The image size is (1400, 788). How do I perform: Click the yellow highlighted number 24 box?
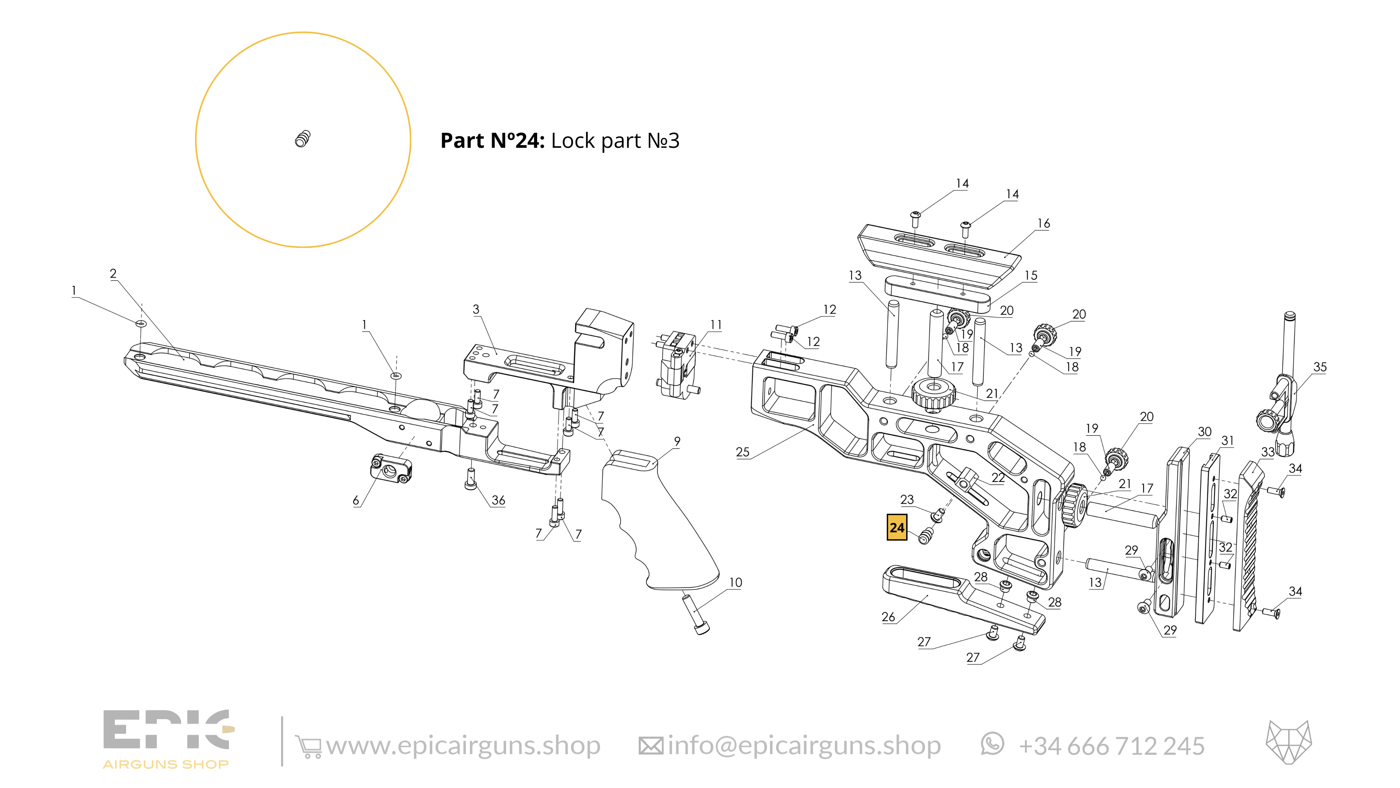897,527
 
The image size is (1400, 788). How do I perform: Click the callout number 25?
742,452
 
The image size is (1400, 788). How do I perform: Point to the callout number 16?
1043,223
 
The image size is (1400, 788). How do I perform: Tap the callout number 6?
356,500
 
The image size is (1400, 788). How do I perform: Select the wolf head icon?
1289,742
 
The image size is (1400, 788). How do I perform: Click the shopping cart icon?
308,746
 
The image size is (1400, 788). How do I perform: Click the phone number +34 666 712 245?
1111,746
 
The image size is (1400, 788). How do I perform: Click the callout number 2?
113,274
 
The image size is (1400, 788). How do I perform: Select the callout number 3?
476,310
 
